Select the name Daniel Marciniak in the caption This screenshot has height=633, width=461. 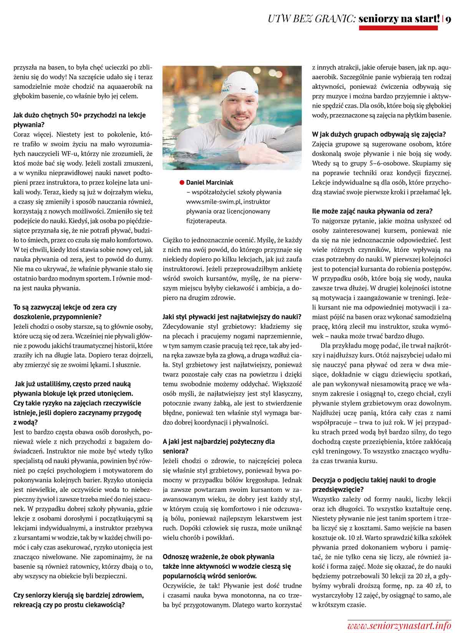[x=209, y=182]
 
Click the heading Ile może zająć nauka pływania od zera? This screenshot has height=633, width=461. [x=372, y=211]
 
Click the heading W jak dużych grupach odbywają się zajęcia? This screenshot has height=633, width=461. [x=379, y=135]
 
